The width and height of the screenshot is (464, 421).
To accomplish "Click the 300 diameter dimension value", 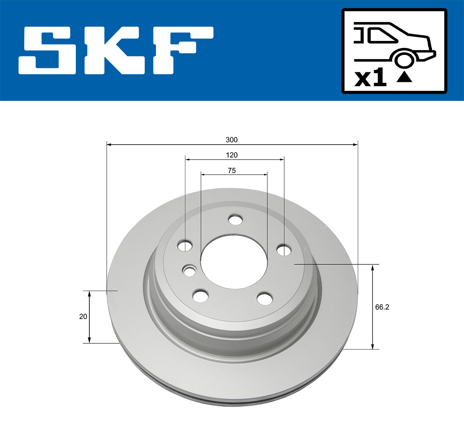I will pyautogui.click(x=232, y=140).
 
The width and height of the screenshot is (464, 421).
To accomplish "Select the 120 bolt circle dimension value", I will pyautogui.click(x=232, y=155).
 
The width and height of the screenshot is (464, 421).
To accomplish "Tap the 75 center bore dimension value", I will pyautogui.click(x=232, y=170).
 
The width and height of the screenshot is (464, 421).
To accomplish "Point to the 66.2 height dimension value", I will pyautogui.click(x=382, y=307).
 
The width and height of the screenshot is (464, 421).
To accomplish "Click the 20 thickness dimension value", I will pyautogui.click(x=83, y=316).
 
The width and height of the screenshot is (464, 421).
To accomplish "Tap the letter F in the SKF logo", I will pyautogui.click(x=182, y=50).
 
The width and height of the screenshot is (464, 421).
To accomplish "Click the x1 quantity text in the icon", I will pyautogui.click(x=370, y=78).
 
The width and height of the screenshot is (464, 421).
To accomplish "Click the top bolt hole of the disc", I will pyautogui.click(x=235, y=220).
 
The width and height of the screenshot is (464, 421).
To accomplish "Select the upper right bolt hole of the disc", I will pyautogui.click(x=284, y=250).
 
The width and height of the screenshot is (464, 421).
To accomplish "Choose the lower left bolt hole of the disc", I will pyautogui.click(x=200, y=295).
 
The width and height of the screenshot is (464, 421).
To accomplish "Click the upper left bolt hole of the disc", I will pyautogui.click(x=185, y=245).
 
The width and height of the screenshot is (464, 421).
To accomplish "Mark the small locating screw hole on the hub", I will pyautogui.click(x=189, y=271).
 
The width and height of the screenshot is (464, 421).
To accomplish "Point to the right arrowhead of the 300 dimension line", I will pyautogui.click(x=355, y=145).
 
